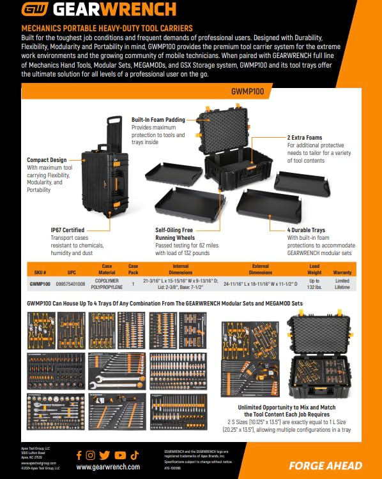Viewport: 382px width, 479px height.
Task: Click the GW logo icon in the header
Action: pos(36,10)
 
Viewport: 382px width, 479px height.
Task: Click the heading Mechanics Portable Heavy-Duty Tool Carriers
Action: pos(107,29)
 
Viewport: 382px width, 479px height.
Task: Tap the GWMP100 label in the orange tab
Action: pos(248,91)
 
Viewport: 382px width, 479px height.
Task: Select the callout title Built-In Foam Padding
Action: pos(158,119)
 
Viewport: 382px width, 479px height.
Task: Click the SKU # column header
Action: pos(40,272)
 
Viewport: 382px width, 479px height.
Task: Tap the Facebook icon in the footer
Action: pos(79,455)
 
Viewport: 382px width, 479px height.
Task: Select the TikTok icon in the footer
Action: pos(134,455)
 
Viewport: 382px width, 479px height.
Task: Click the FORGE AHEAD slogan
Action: pos(325,466)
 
